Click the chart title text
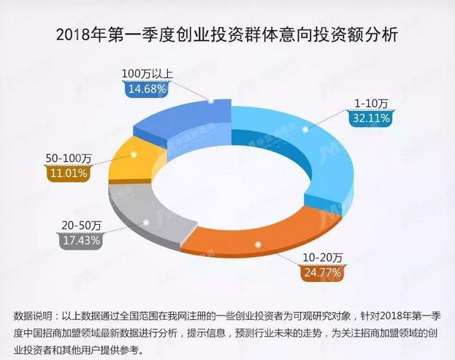point(227,34)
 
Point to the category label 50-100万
point(70,158)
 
